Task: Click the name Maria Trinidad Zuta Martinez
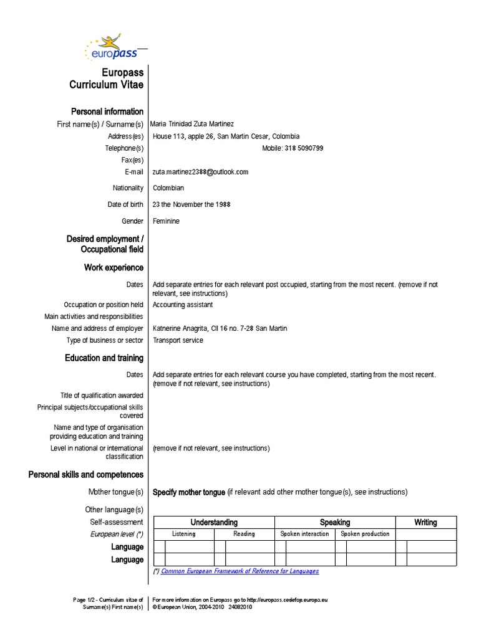click(x=193, y=124)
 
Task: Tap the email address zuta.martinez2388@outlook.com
click(x=200, y=172)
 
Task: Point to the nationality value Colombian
click(x=168, y=188)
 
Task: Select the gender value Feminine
click(x=166, y=221)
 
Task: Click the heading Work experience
click(x=114, y=267)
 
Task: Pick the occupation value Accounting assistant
click(x=183, y=305)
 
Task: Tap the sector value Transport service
click(x=178, y=340)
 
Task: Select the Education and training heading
click(x=104, y=358)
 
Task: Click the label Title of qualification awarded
click(x=102, y=395)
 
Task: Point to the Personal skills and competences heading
click(x=86, y=475)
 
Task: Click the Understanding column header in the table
click(x=214, y=522)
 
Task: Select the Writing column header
click(x=426, y=522)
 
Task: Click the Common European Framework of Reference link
click(x=239, y=571)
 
